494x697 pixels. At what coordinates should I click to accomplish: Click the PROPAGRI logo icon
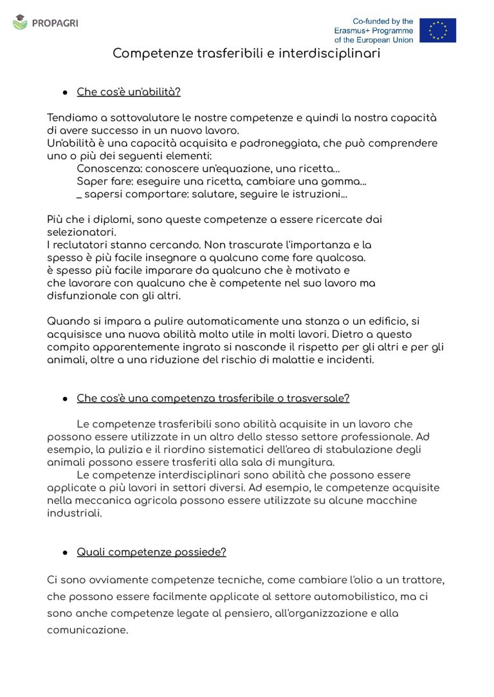coord(21,22)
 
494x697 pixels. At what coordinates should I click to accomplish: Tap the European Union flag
coord(437,30)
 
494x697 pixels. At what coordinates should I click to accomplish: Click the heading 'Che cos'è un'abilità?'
coord(129,92)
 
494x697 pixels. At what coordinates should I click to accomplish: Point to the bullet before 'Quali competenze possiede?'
coord(65,552)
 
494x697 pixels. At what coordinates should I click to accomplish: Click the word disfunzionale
coord(82,296)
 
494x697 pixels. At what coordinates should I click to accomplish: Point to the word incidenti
coord(349,360)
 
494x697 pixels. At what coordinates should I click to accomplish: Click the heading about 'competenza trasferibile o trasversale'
coord(213,398)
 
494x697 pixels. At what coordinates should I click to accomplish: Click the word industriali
coord(75,513)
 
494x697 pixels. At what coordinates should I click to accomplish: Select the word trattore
coord(421,580)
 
